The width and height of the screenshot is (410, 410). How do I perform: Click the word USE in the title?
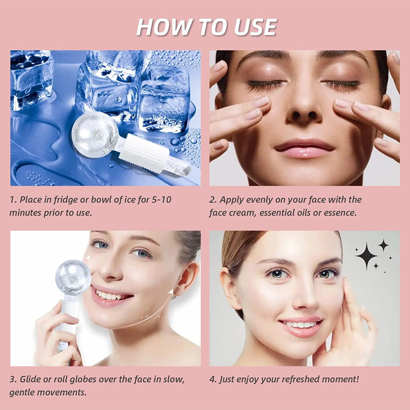(255, 27)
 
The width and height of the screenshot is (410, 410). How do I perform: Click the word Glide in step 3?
(30, 379)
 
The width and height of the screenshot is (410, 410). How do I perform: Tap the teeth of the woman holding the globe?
(111, 294)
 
